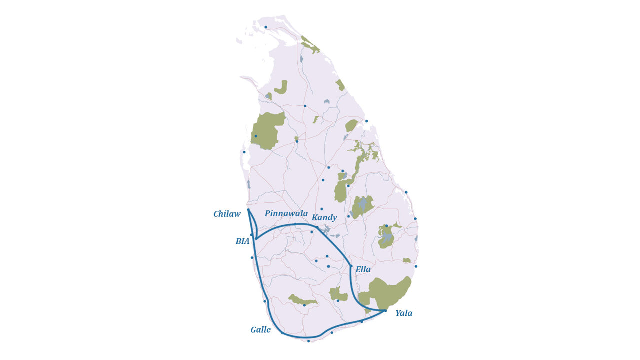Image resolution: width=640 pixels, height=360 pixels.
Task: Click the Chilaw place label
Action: (227, 214)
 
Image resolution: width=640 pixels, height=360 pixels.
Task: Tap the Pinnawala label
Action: (286, 213)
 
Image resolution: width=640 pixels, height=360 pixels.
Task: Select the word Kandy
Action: (324, 217)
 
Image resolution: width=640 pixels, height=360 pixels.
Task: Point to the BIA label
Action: (242, 241)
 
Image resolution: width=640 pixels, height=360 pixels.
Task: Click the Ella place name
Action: (363, 269)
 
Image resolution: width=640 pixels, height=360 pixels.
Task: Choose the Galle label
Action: (261, 330)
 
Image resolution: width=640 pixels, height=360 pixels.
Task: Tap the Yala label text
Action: (404, 313)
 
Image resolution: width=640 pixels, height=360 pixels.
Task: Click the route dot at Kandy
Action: (317, 227)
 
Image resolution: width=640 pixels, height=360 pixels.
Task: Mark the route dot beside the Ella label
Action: (351, 266)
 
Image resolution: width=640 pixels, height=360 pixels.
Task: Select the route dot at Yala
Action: (385, 310)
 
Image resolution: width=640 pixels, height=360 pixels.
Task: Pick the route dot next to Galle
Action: (282, 333)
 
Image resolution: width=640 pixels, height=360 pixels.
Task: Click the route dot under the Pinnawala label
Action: (295, 224)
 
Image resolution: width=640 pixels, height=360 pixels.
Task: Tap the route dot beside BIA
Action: (256, 238)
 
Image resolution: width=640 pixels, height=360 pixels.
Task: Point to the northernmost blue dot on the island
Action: (266, 27)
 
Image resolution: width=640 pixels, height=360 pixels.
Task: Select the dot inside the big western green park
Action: (256, 136)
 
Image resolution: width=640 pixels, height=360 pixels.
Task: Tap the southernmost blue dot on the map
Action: (308, 341)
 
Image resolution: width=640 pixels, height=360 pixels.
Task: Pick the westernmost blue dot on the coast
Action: (244, 152)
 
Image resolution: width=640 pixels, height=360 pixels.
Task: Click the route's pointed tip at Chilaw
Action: (248, 210)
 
